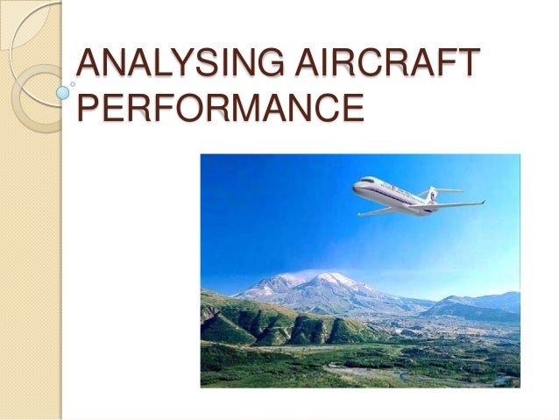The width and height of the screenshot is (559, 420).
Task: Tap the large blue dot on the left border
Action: tap(63, 90)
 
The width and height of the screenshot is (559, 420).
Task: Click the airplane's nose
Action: tap(355, 187)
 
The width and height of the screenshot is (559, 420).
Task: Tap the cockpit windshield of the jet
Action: tap(362, 182)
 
